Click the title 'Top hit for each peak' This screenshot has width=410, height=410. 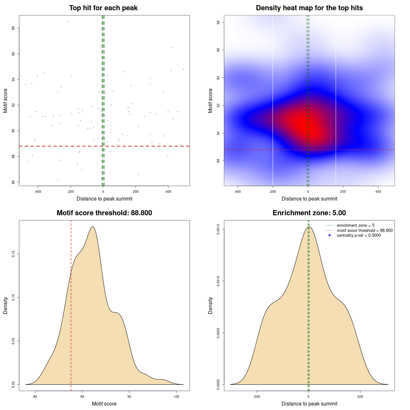click(103, 8)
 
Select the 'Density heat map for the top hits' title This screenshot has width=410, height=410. click(309, 8)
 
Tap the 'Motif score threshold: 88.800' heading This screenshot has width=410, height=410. click(104, 213)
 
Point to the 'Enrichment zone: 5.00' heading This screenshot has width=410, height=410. click(309, 213)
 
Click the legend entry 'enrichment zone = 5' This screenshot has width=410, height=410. click(356, 225)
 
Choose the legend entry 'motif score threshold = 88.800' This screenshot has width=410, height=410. click(365, 230)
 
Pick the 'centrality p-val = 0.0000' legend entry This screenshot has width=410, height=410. click(359, 235)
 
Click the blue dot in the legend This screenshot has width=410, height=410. click(330, 235)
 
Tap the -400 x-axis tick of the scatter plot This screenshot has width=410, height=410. click(38, 192)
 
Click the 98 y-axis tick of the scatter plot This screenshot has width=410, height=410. click(13, 28)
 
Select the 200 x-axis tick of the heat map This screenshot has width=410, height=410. click(343, 192)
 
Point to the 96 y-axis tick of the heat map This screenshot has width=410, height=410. click(218, 50)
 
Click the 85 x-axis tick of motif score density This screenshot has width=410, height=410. click(35, 397)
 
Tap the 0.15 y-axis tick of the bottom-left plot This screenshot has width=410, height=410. click(13, 254)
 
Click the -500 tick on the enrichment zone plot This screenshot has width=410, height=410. click(257, 397)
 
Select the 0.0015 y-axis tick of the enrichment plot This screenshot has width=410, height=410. click(218, 229)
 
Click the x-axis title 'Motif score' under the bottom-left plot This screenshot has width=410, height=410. click(104, 404)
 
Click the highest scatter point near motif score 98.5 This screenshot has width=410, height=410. click(68, 21)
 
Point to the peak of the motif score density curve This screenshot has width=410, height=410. click(93, 227)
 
